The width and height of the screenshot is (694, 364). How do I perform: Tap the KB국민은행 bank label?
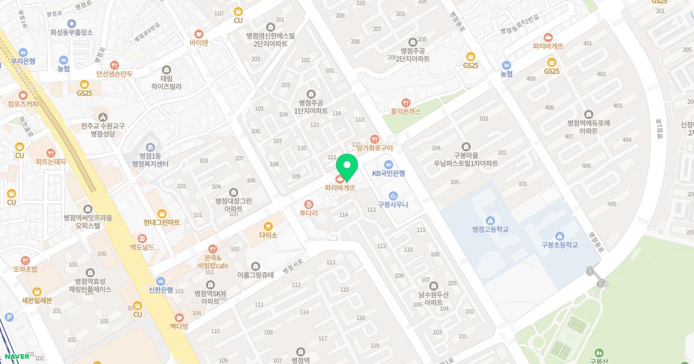pos(389,173)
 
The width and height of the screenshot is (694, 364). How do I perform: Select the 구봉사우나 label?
pos(393,203)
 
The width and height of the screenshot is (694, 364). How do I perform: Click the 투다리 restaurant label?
pos(309,213)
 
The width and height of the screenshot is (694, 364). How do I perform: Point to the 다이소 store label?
pos(268,235)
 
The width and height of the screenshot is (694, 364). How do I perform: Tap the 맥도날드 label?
pos(142,247)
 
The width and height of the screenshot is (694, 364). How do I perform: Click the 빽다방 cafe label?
pos(179,326)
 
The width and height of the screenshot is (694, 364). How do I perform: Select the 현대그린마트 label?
pos(162,222)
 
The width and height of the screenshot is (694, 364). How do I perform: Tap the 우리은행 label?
pos(23,61)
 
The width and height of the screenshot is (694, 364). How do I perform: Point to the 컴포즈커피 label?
pos(23,104)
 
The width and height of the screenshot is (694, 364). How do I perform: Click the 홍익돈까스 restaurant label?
pos(405,111)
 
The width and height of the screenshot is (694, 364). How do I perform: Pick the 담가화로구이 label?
pos(375,148)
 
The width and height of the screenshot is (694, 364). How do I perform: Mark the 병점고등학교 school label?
pos(490,229)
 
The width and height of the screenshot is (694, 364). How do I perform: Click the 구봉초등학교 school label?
pos(559,244)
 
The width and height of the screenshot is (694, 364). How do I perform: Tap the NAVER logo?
pos(17,356)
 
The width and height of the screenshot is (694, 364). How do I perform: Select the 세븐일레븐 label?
pos(37,300)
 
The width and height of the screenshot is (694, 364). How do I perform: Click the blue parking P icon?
pos(9,317)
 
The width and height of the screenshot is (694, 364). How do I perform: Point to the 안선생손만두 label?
pos(115,73)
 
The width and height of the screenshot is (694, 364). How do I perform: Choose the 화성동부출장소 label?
pos(72,32)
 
